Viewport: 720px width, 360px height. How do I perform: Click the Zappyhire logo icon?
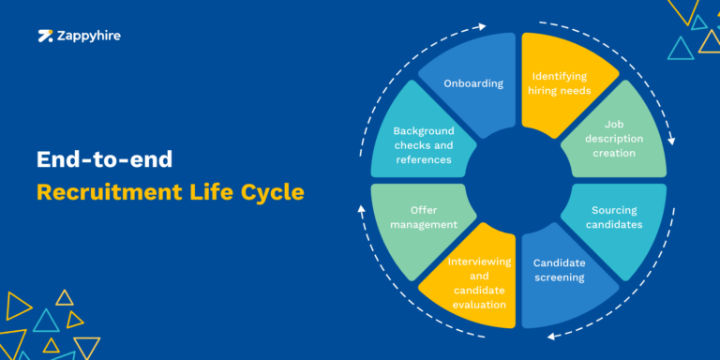click(x=44, y=37)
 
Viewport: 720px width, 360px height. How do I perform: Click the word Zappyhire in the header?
click(x=87, y=37)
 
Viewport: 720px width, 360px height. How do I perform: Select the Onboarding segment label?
click(x=472, y=82)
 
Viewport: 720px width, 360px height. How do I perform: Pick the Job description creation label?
click(x=615, y=139)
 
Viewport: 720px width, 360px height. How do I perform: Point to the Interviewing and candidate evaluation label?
click(x=477, y=282)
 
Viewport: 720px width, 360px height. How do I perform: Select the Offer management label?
click(x=420, y=217)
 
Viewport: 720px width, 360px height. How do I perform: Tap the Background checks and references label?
click(x=423, y=145)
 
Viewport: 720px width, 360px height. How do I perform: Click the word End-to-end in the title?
click(x=104, y=159)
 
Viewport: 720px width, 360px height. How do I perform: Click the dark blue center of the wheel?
click(x=518, y=180)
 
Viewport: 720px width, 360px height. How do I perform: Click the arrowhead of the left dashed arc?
click(x=363, y=208)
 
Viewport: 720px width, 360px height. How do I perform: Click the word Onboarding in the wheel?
click(x=472, y=82)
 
